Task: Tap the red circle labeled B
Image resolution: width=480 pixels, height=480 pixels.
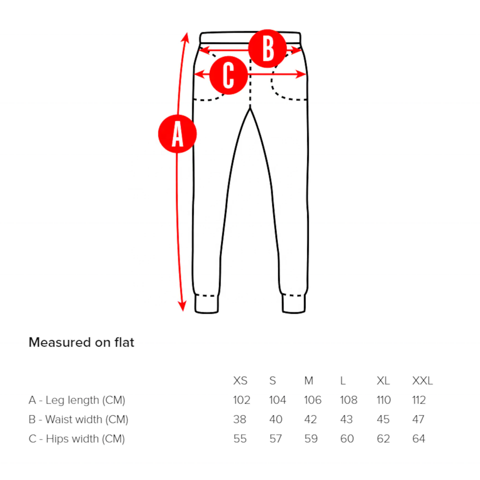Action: click(x=268, y=48)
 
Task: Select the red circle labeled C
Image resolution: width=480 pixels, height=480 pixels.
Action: click(x=228, y=75)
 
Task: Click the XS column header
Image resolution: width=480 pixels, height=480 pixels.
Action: click(x=240, y=381)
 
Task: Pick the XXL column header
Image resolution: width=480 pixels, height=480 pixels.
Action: click(x=422, y=381)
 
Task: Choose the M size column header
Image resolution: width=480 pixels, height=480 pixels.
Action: click(x=309, y=381)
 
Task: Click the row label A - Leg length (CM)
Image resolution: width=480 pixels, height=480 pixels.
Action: click(x=77, y=400)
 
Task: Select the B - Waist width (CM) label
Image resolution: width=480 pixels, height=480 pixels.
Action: click(x=78, y=419)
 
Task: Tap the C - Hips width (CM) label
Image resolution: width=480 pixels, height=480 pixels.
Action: click(x=76, y=439)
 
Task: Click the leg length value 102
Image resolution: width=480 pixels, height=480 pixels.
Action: click(x=241, y=400)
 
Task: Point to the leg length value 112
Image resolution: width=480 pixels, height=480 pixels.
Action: click(x=419, y=400)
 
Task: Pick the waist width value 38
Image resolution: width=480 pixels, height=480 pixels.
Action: click(x=240, y=419)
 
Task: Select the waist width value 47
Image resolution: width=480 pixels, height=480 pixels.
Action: click(x=418, y=419)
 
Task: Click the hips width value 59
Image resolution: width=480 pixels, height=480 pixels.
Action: click(x=311, y=439)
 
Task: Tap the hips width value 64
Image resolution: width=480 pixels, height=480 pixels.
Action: click(x=418, y=439)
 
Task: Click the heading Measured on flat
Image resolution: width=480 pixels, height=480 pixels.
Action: click(x=81, y=342)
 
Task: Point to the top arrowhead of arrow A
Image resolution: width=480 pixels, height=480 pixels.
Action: click(x=185, y=36)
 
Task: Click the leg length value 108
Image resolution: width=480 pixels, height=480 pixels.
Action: click(x=348, y=400)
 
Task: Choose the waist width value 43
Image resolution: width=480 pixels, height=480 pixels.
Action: click(x=346, y=419)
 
